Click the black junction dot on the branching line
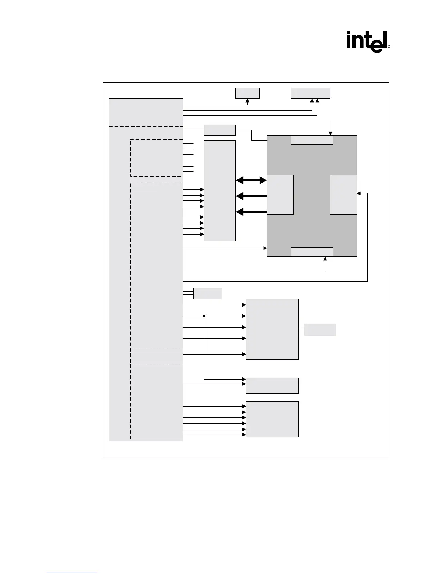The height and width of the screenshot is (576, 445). [204, 316]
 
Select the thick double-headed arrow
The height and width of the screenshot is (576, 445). [251, 180]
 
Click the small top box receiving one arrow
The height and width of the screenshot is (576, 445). [247, 93]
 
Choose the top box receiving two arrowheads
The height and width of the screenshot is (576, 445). [310, 93]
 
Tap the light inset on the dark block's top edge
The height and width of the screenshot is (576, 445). [312, 140]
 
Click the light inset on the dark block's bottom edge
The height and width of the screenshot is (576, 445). [312, 252]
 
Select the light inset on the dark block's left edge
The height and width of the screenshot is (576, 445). [280, 195]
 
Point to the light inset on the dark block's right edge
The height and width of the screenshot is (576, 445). [343, 195]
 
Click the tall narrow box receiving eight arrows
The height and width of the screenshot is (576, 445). [220, 191]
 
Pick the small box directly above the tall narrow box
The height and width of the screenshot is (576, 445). [220, 130]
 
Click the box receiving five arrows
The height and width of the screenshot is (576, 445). [272, 329]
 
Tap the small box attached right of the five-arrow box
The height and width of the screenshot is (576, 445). [320, 329]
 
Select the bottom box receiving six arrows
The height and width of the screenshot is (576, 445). [272, 419]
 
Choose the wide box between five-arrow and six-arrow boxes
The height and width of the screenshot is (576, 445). [272, 386]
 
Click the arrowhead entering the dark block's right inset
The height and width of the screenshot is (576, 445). [359, 193]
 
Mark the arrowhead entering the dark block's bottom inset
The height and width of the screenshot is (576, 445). [325, 259]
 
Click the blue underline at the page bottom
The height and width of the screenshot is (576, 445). [72, 573]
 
